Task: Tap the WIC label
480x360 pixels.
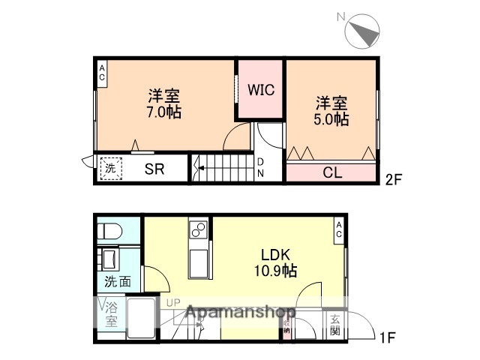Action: [262, 90]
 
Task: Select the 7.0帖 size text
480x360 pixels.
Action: [163, 112]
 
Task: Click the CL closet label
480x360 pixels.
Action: [331, 172]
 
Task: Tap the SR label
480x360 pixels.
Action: [154, 169]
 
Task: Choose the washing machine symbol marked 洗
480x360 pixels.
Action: [110, 169]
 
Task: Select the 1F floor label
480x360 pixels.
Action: [387, 338]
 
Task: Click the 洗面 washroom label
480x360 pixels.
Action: [117, 283]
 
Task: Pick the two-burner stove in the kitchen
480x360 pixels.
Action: [199, 228]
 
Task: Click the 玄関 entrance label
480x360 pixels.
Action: [334, 323]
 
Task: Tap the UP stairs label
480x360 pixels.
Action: [174, 303]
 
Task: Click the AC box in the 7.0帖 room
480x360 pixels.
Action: [102, 73]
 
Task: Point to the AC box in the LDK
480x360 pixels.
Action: [339, 229]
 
